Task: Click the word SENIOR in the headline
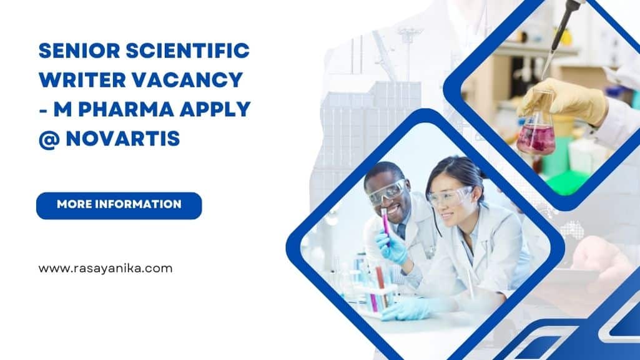point(79,51)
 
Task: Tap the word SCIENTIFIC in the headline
point(188,51)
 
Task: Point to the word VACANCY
point(187,80)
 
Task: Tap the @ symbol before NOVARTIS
point(49,139)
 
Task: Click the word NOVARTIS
point(123,139)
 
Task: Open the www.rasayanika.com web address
point(106,268)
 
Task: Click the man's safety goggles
point(388,191)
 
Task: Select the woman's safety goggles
point(448,196)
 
